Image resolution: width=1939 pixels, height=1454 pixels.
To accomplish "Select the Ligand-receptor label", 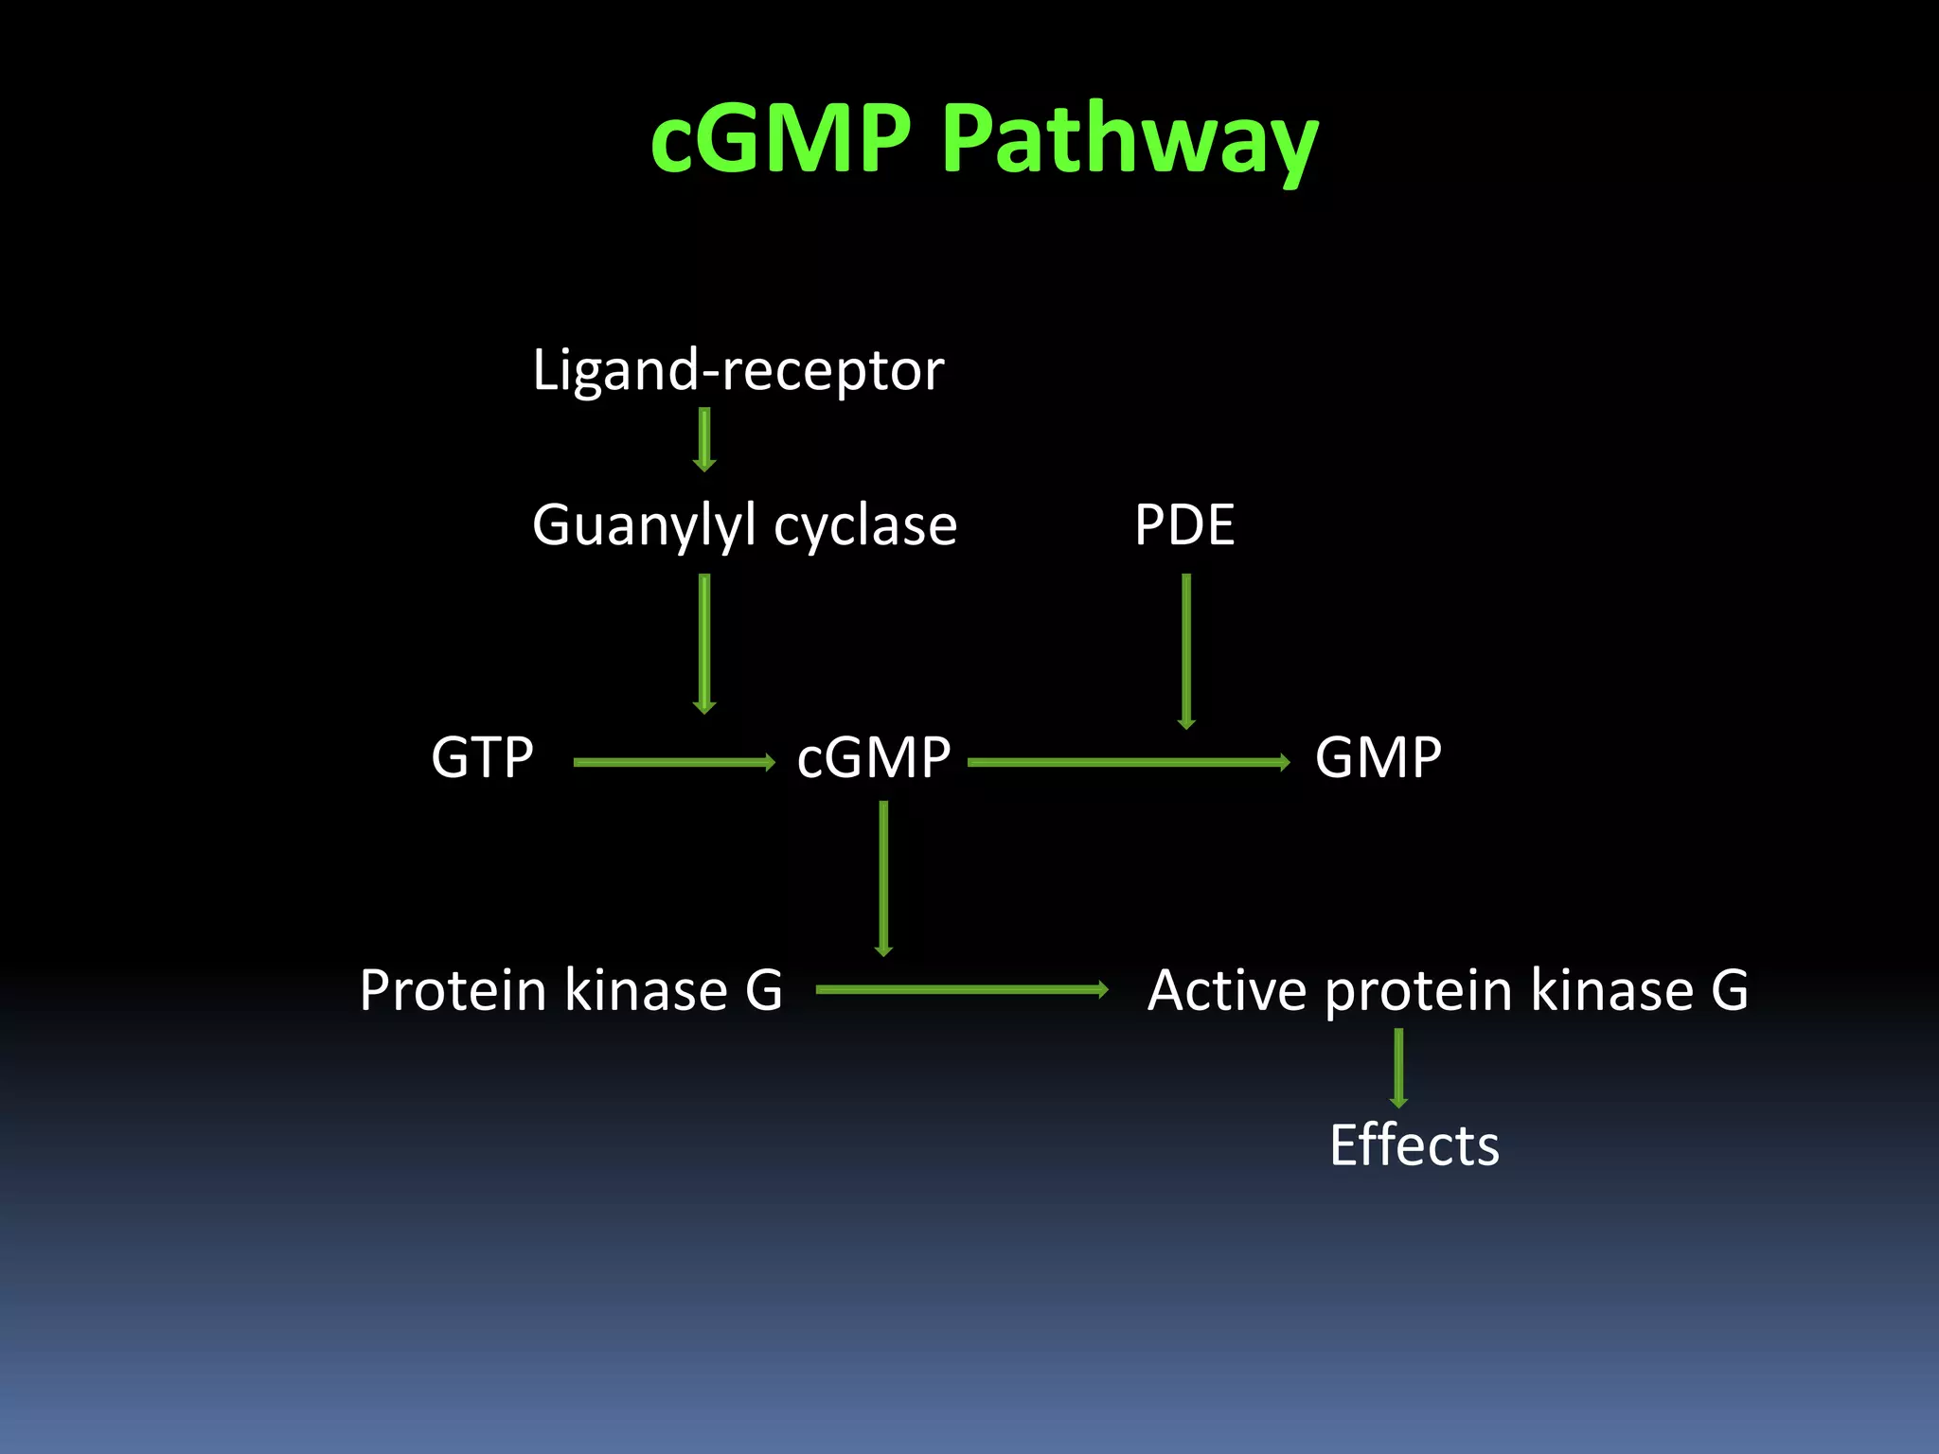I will coord(738,370).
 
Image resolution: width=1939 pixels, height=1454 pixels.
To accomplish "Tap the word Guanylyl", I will coord(644,525).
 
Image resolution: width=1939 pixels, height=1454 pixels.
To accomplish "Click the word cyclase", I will coord(864,525).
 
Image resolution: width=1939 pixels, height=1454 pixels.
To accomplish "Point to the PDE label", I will coord(1184,525).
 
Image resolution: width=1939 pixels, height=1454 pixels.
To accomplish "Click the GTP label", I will coord(482,758).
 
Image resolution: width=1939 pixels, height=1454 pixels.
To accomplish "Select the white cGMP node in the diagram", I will coord(873,758).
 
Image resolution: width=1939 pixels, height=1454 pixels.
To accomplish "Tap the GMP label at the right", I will coord(1378,758).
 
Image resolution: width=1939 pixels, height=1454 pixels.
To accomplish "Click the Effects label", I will coord(1414,1146).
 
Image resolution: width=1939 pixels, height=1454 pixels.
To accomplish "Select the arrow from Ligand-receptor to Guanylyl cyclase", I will coord(704,439).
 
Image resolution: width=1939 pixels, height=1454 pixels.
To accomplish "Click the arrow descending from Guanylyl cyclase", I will coord(704,644).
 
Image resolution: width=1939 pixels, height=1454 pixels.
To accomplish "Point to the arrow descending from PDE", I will coord(1186,651).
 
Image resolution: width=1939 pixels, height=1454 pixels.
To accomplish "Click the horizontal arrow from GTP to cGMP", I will coord(674,762).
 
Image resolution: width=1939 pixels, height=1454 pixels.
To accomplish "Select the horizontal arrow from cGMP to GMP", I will coord(1129,762).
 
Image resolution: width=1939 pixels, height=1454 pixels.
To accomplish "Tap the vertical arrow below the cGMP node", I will coord(883,878).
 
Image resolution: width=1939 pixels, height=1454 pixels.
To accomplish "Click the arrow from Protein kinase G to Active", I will coord(962,990).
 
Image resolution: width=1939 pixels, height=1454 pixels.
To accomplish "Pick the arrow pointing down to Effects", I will coord(1398,1068).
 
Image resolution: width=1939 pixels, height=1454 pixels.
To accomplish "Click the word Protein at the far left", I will coord(454,991).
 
